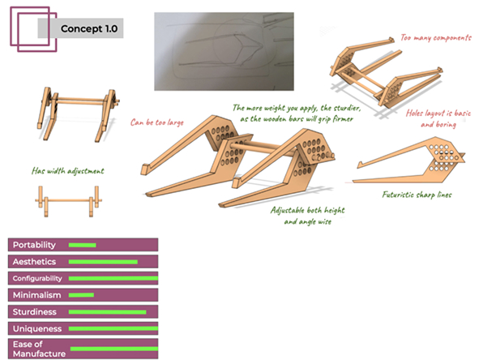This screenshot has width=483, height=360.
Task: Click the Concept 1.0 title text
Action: (89, 28)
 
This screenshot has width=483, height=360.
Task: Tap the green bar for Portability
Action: (82, 245)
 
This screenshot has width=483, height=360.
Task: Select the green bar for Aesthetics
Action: (103, 262)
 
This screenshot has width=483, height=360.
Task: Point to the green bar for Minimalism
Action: (81, 295)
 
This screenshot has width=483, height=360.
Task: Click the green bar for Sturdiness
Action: (107, 312)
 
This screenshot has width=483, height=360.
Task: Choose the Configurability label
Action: (37, 278)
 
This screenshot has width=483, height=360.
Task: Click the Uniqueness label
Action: (37, 328)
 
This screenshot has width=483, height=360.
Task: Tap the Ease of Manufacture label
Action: (39, 349)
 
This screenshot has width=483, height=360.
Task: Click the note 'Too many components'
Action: (436, 37)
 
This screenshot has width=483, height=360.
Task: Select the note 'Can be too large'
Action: (156, 122)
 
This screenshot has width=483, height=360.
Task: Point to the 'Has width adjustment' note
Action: (68, 171)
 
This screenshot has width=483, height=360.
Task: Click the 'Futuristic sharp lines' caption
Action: (417, 195)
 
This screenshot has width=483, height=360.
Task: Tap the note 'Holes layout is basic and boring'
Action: (438, 118)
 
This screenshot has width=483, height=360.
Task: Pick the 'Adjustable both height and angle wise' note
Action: (308, 216)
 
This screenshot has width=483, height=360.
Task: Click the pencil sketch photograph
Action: (224, 51)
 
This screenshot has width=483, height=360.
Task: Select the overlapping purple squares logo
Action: (33, 29)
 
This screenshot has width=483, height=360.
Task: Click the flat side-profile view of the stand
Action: (408, 160)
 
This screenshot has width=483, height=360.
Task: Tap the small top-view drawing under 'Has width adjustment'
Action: (68, 201)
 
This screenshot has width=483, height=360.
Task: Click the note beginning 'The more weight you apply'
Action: (297, 114)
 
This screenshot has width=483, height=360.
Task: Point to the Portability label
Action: (34, 245)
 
